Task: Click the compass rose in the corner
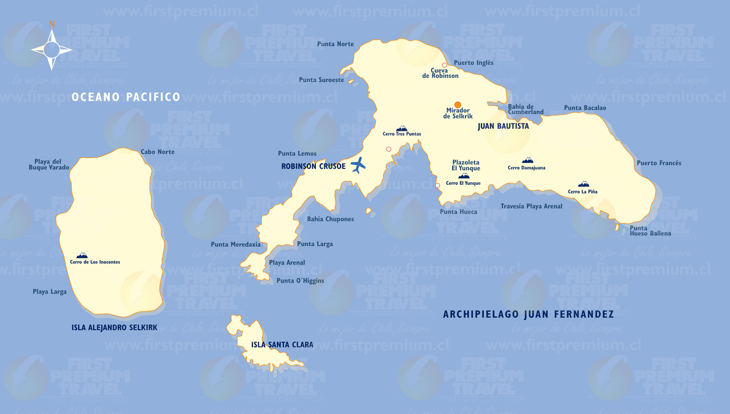point(52,49)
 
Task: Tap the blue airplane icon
point(358,165)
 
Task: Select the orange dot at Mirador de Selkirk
point(457,105)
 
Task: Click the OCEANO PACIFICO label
point(126,97)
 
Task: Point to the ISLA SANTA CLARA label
point(282,345)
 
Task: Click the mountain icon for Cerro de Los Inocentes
point(82,255)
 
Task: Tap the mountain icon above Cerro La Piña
point(584,184)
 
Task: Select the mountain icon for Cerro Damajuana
point(528,161)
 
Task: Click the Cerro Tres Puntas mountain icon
point(402,128)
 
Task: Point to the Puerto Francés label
point(659,163)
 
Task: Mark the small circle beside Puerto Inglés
point(444,65)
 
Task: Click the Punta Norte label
point(335,44)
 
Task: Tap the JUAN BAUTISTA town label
point(503,126)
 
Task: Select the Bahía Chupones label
point(330,219)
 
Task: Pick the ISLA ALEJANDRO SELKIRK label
point(114,328)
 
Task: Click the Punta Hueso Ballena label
point(650,231)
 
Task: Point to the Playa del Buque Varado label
point(49,164)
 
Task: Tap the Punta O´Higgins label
point(300,281)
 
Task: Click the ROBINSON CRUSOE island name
point(313,166)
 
